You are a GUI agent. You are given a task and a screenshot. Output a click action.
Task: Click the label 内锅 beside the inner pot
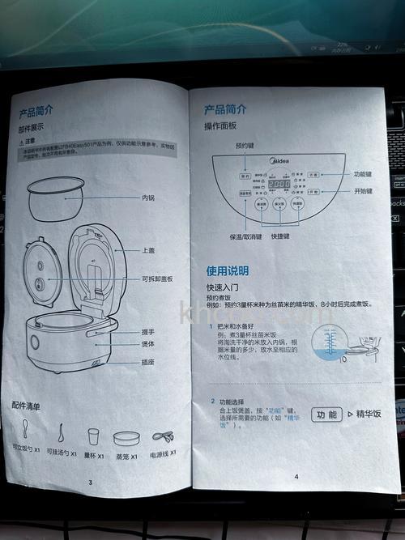tap(148, 197)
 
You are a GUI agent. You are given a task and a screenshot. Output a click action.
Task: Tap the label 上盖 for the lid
tap(149, 250)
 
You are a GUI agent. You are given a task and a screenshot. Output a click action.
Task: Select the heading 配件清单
tap(26, 406)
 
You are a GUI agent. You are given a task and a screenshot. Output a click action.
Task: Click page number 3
tap(90, 483)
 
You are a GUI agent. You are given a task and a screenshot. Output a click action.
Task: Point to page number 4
tap(296, 476)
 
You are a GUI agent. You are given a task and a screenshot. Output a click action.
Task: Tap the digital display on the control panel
tap(279, 185)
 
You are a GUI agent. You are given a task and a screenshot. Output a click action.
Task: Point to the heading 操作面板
tap(220, 127)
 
